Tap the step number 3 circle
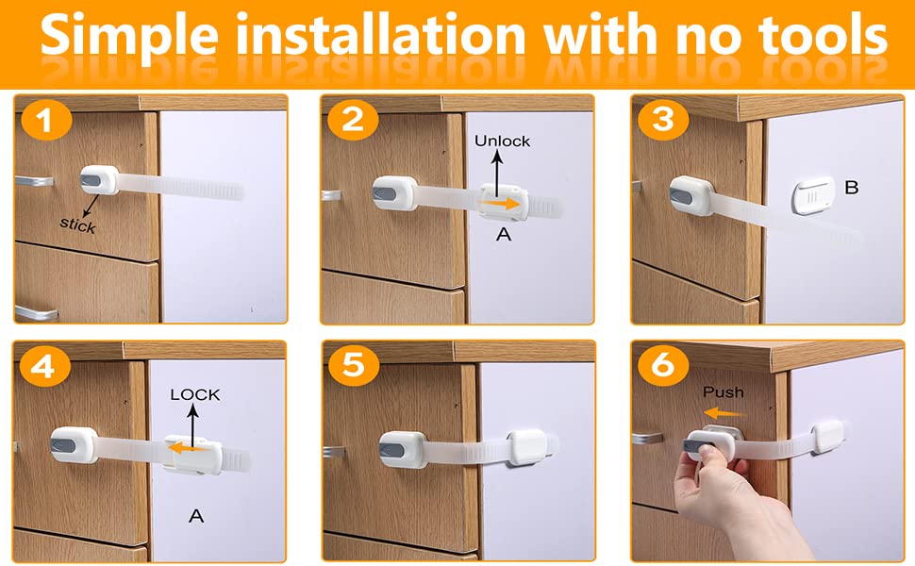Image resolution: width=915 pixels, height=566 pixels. [x=662, y=121]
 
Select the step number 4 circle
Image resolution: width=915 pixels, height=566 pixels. [x=42, y=367]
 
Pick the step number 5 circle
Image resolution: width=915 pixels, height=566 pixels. [x=353, y=366]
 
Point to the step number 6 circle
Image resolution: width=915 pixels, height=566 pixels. [x=663, y=366]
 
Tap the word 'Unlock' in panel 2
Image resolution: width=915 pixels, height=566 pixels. [x=502, y=141]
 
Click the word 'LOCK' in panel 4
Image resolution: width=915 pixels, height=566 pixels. [x=194, y=395]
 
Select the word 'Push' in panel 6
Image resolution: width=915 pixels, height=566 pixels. [x=723, y=391]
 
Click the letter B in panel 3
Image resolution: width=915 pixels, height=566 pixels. [x=851, y=188]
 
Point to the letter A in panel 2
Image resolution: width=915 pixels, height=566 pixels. [x=503, y=235]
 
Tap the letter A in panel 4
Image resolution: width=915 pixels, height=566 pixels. [x=196, y=515]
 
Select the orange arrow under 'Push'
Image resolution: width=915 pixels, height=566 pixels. [x=724, y=412]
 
